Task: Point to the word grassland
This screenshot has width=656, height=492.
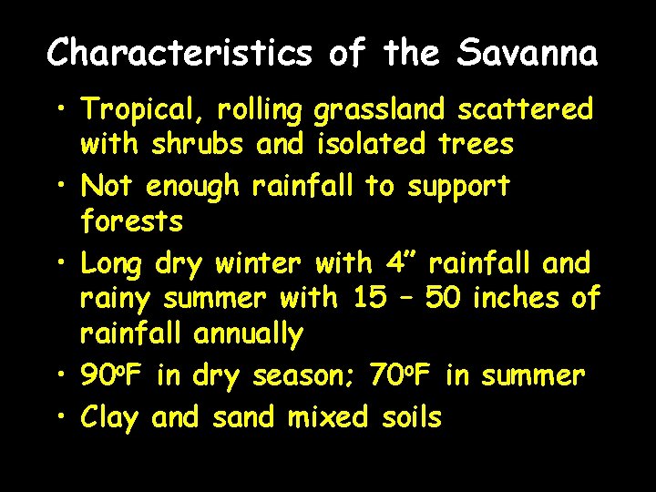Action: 379,111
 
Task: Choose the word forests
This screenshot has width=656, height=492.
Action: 132,220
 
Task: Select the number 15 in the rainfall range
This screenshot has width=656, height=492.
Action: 370,297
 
